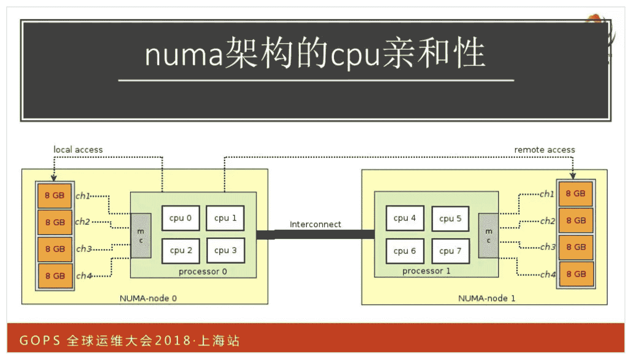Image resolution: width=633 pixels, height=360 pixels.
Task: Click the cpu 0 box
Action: (x=180, y=218)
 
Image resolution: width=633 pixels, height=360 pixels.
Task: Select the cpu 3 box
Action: (x=225, y=251)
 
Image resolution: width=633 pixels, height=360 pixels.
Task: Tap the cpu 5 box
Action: (x=450, y=219)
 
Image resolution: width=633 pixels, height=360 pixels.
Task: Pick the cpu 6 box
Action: (x=405, y=251)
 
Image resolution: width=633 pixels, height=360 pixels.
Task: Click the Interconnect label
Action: (x=315, y=224)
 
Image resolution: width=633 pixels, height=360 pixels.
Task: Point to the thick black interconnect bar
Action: (x=315, y=234)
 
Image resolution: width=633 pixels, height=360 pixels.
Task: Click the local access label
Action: (x=78, y=150)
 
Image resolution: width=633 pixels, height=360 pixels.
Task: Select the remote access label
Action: (x=544, y=150)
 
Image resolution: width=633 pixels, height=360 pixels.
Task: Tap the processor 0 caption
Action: (x=202, y=271)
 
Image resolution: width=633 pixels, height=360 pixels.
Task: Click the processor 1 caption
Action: (x=426, y=271)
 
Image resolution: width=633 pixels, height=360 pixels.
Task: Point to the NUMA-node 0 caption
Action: (x=148, y=298)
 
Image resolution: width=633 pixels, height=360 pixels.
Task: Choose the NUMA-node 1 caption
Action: (x=486, y=298)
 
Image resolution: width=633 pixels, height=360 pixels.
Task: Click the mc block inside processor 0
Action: (x=141, y=235)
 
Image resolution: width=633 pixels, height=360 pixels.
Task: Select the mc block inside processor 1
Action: (x=488, y=235)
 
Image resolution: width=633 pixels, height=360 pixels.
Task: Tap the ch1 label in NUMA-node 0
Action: (x=82, y=196)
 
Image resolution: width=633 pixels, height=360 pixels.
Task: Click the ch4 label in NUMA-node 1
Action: (x=547, y=274)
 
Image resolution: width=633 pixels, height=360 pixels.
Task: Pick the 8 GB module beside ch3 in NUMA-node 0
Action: (x=55, y=249)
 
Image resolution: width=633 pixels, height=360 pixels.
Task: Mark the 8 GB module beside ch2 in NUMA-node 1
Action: (x=576, y=221)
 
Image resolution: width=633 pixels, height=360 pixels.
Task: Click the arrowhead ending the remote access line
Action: (x=573, y=176)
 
